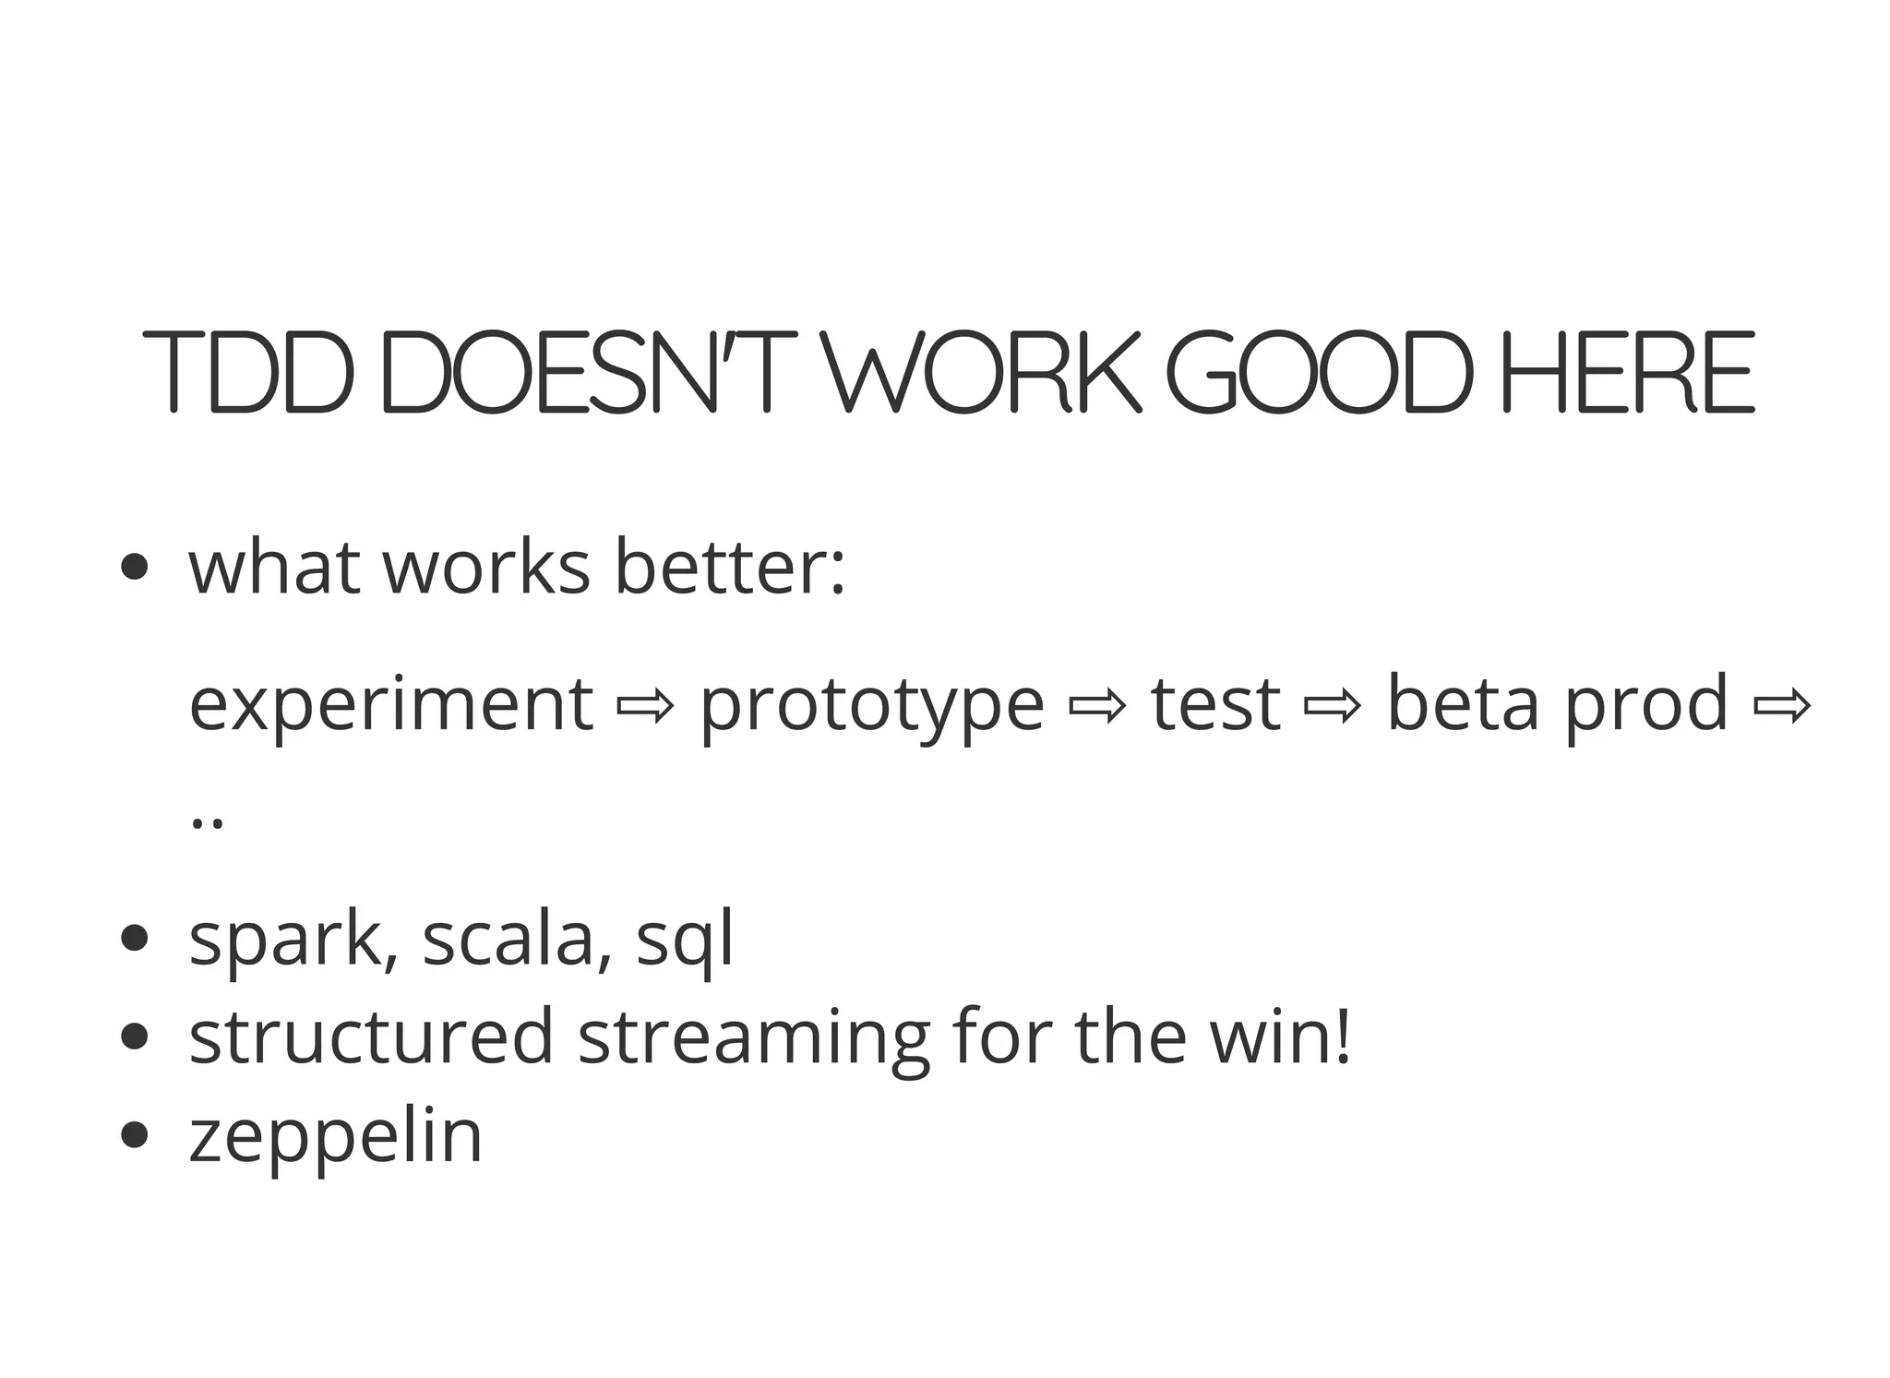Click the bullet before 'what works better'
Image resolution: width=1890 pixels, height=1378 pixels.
(x=135, y=567)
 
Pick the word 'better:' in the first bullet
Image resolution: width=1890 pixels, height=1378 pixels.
(x=729, y=567)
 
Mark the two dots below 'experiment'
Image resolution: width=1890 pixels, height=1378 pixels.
(x=206, y=821)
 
